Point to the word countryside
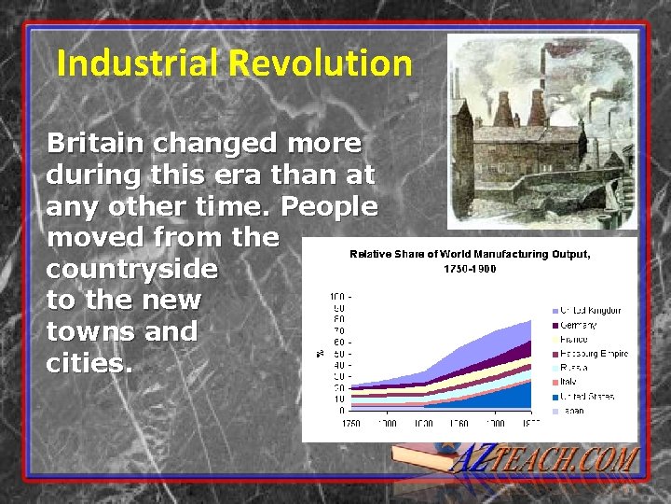coord(131,270)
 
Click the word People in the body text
coord(329,205)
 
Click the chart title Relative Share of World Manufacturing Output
coord(470,254)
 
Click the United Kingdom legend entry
coord(590,311)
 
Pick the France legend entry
coord(574,340)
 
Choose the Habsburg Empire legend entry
coord(594,354)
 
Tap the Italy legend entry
coord(570,383)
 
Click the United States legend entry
coord(586,397)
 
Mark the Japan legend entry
coord(572,411)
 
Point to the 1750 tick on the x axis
coord(350,424)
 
